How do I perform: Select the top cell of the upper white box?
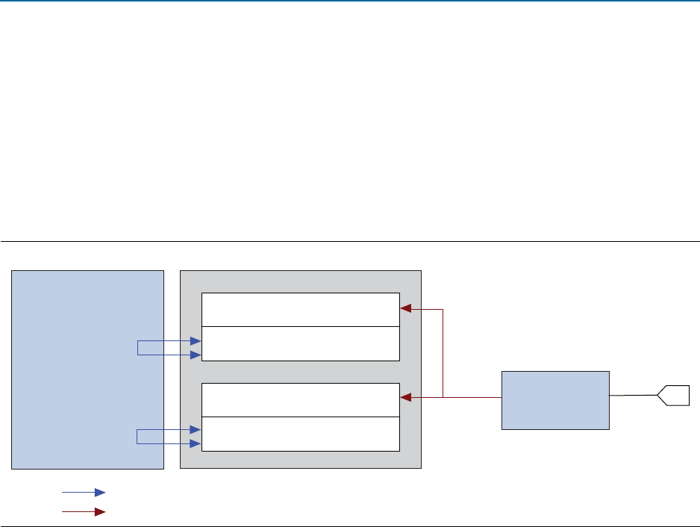tap(301, 310)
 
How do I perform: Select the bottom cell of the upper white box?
tap(301, 343)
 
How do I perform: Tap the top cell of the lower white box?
tap(301, 399)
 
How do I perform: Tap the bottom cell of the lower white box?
tap(301, 434)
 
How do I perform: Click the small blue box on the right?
tap(555, 399)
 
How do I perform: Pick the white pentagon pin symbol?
tap(673, 395)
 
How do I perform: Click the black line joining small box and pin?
tap(633, 395)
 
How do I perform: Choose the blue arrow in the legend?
tap(84, 493)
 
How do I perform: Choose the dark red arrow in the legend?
tap(84, 512)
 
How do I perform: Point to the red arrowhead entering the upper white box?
tap(405, 308)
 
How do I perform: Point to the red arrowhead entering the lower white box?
tap(405, 398)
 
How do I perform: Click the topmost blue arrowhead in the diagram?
tap(196, 342)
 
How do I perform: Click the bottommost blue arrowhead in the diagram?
tap(196, 444)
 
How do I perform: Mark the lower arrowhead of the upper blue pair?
tap(196, 355)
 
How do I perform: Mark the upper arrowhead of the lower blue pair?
tap(196, 430)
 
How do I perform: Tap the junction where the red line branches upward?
tap(443, 398)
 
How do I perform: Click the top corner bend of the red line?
tap(443, 308)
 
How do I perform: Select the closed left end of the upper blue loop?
tap(138, 349)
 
